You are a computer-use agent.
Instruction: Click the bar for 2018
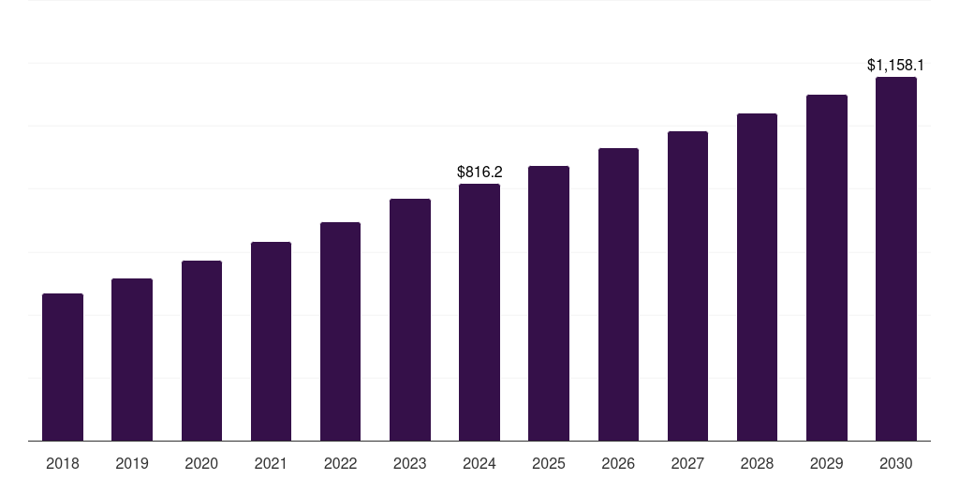pos(63,367)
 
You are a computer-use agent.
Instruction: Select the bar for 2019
pos(132,360)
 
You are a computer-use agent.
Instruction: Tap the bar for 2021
pos(271,341)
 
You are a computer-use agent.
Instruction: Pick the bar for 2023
pos(410,320)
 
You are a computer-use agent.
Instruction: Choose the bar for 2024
pos(479,312)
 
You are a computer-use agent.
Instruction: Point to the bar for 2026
pos(618,294)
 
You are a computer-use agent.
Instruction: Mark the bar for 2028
pos(757,277)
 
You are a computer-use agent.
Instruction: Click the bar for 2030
pos(896,259)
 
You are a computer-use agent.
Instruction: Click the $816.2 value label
pos(479,172)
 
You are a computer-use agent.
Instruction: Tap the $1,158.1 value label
pos(896,66)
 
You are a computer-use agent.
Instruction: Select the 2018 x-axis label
pos(63,463)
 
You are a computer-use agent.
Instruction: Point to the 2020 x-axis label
pos(201,463)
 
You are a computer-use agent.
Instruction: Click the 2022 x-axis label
pos(341,463)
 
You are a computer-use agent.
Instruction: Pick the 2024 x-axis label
pos(479,463)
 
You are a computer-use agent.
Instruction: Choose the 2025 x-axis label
pos(549,463)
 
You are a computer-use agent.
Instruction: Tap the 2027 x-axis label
pos(687,463)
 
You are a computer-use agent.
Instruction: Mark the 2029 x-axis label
pos(827,463)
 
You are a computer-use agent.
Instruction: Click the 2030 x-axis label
pos(896,463)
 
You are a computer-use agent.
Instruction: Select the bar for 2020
pos(201,351)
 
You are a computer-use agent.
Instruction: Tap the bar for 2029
pos(827,268)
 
